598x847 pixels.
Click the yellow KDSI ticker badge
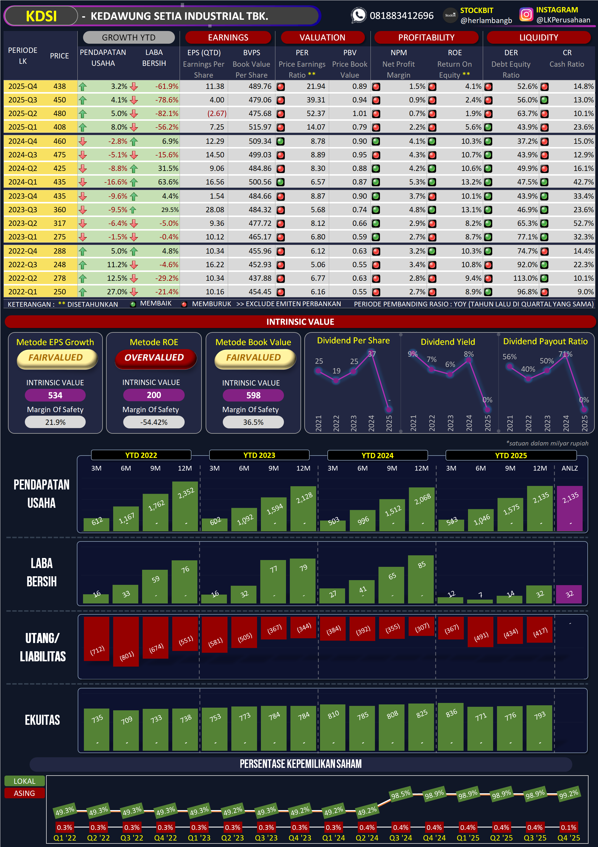tap(41, 16)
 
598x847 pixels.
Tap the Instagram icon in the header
tap(526, 15)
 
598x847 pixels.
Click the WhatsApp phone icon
tap(358, 15)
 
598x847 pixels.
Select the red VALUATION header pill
tap(322, 37)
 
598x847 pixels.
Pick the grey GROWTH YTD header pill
tap(129, 37)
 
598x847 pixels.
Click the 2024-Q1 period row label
tap(22, 182)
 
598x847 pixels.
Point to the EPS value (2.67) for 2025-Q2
tap(217, 114)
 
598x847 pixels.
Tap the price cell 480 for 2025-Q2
tap(59, 114)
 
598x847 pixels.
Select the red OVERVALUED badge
tap(154, 358)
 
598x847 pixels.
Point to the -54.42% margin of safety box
tap(154, 422)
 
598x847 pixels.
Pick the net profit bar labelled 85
tap(421, 579)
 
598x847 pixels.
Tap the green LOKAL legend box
tap(24, 781)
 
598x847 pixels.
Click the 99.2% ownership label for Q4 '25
tap(568, 794)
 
